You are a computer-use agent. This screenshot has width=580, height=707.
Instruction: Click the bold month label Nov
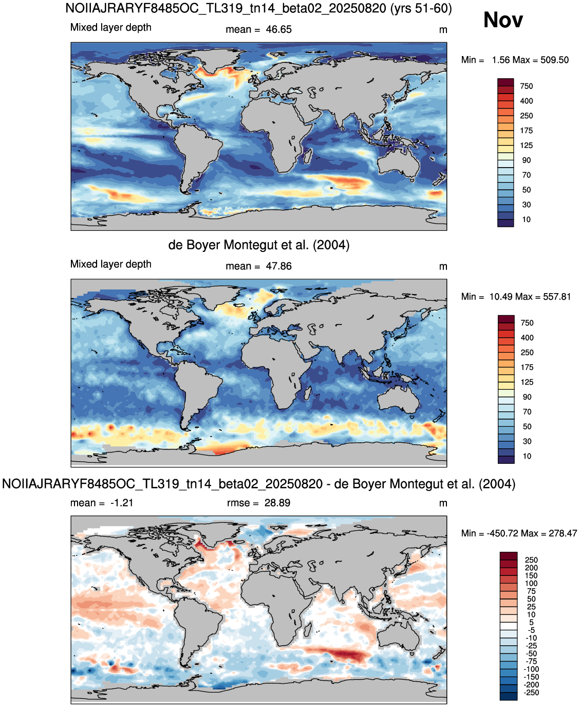pyautogui.click(x=502, y=20)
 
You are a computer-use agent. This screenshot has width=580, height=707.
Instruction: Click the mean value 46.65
pyautogui.click(x=278, y=29)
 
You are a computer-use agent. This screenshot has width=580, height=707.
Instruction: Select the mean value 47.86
pyautogui.click(x=278, y=266)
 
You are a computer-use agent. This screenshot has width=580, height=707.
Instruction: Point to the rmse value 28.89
pyautogui.click(x=277, y=503)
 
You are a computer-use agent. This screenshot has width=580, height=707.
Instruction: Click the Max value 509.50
pyautogui.click(x=554, y=60)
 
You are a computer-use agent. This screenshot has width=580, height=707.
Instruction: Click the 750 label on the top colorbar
pyautogui.click(x=527, y=86)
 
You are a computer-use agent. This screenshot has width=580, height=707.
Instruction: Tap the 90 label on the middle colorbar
pyautogui.click(x=527, y=397)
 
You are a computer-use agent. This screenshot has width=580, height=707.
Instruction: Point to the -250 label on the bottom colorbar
pyautogui.click(x=531, y=693)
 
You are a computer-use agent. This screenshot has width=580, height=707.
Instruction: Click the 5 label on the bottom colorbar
pyautogui.click(x=531, y=622)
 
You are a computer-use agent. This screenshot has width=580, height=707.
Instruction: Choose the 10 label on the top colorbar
pyautogui.click(x=527, y=220)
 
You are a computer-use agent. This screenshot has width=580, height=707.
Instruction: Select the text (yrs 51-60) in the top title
pyautogui.click(x=421, y=8)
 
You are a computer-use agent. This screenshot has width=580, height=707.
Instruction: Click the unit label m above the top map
pyautogui.click(x=443, y=30)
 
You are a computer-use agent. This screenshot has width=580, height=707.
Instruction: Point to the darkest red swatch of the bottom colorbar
pyautogui.click(x=509, y=555)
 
